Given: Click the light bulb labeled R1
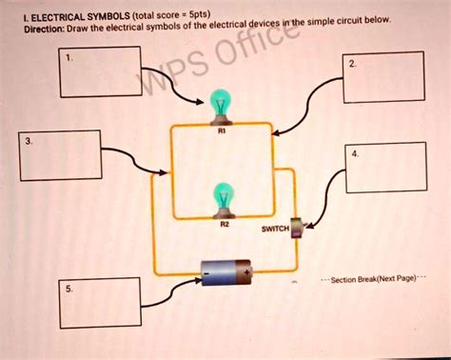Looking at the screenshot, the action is tap(221, 105).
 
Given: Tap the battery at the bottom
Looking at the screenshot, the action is tap(226, 274).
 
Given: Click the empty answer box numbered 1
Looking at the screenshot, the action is tap(100, 72).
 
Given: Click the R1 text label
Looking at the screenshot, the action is tap(222, 134).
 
